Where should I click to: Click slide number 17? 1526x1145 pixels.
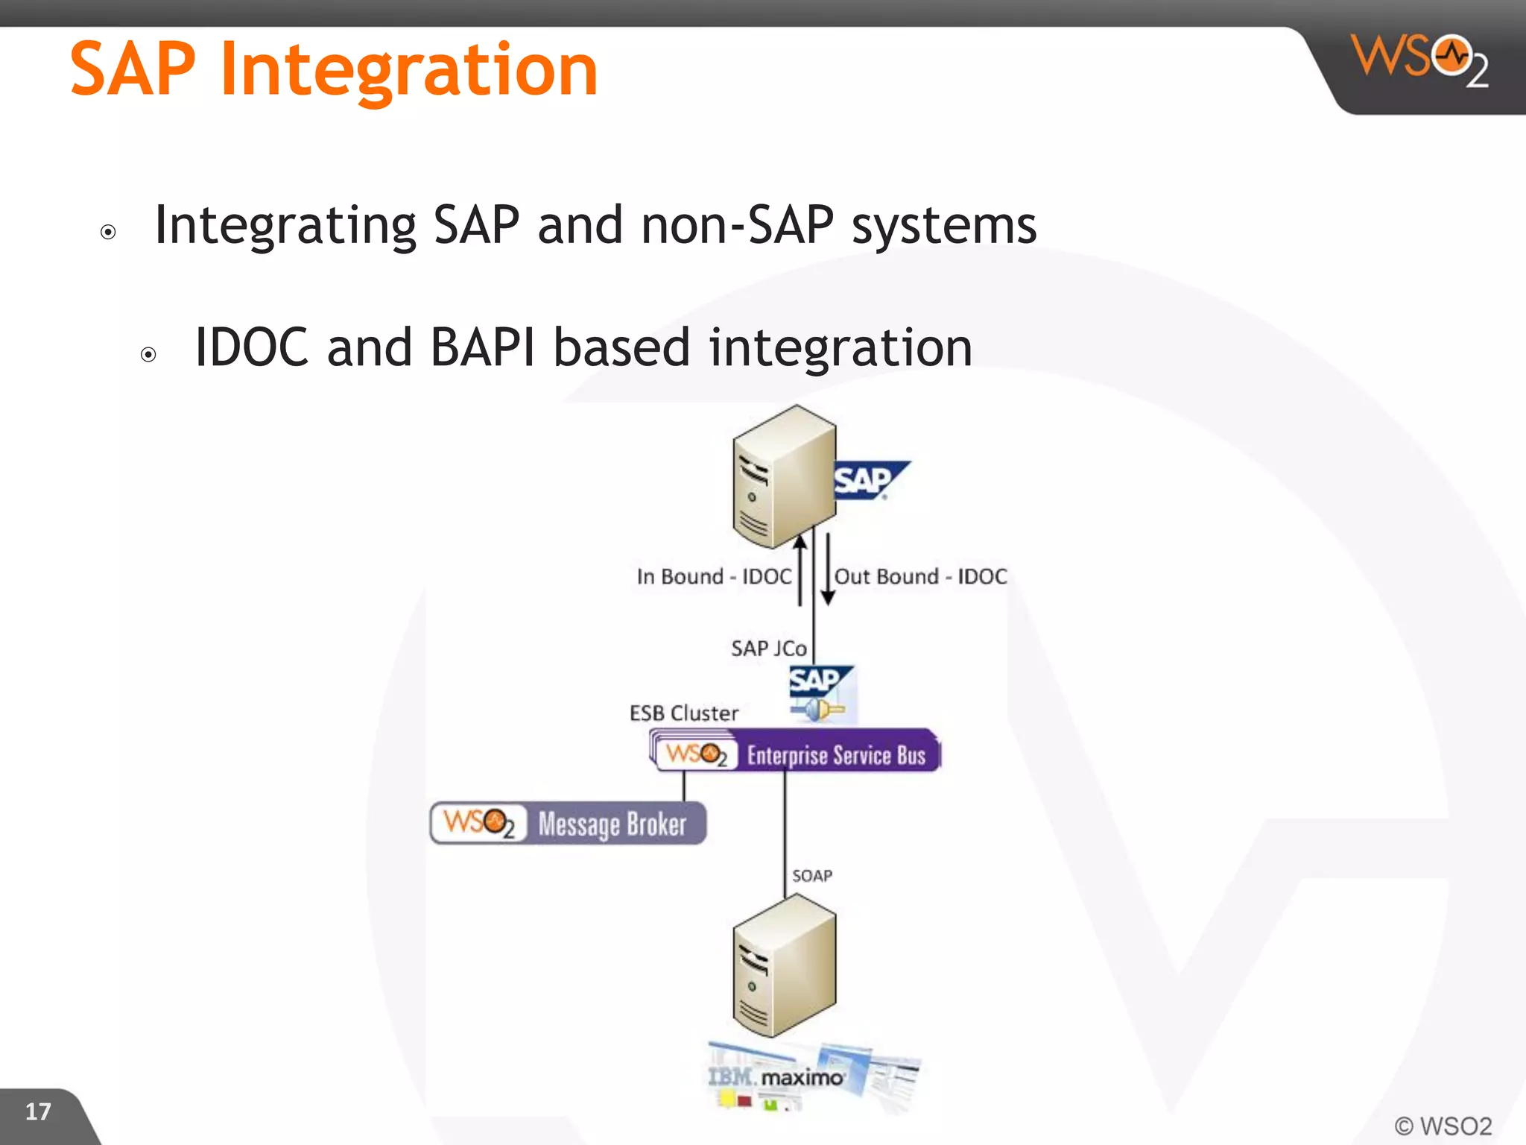click(38, 1111)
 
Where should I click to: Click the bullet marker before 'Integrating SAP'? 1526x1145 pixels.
click(108, 232)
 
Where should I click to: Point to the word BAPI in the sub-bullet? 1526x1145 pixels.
click(482, 347)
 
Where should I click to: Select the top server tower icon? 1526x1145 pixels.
click(784, 477)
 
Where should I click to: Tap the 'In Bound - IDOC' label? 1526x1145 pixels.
click(713, 576)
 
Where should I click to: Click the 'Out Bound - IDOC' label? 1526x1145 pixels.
click(920, 576)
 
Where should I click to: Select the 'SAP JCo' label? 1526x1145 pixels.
click(768, 649)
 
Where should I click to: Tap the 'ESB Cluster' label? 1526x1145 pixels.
click(683, 713)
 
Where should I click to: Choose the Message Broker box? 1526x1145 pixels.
click(568, 824)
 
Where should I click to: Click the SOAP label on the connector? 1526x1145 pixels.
click(811, 876)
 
